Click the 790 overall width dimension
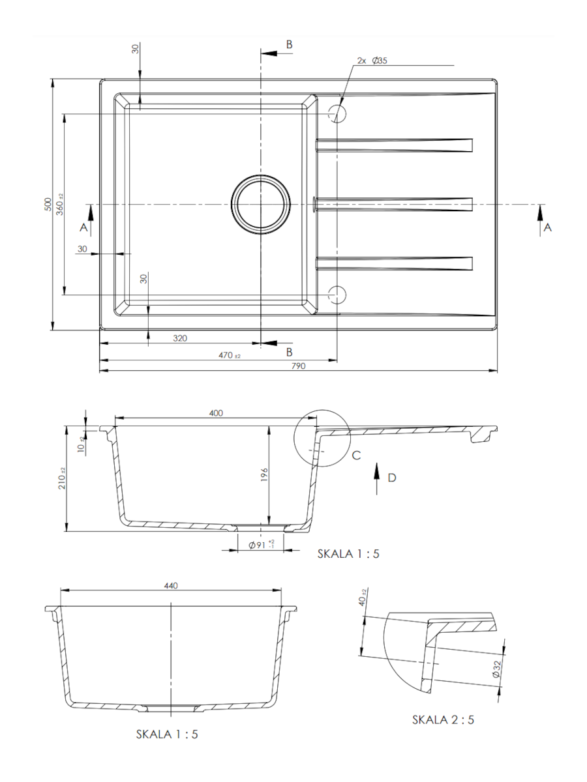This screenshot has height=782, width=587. coord(298,366)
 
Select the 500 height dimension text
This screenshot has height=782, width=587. coord(48,204)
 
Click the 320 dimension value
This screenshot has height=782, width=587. coord(180,338)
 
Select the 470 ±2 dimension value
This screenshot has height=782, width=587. coord(229,355)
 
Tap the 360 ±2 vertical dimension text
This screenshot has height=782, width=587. coord(59,204)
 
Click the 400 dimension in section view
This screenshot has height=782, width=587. coord(216,413)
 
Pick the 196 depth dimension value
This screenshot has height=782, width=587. coord(264,475)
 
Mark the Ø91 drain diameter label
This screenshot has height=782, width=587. coord(262,545)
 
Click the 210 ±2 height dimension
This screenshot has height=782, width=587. coord(62,478)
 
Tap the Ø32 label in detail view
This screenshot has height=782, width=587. coord(496,669)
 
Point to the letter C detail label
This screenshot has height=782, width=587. coord(356,455)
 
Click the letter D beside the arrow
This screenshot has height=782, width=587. coord(392,478)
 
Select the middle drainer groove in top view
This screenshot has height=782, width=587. coord(394,205)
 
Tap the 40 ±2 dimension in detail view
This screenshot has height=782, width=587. coord(363,598)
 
